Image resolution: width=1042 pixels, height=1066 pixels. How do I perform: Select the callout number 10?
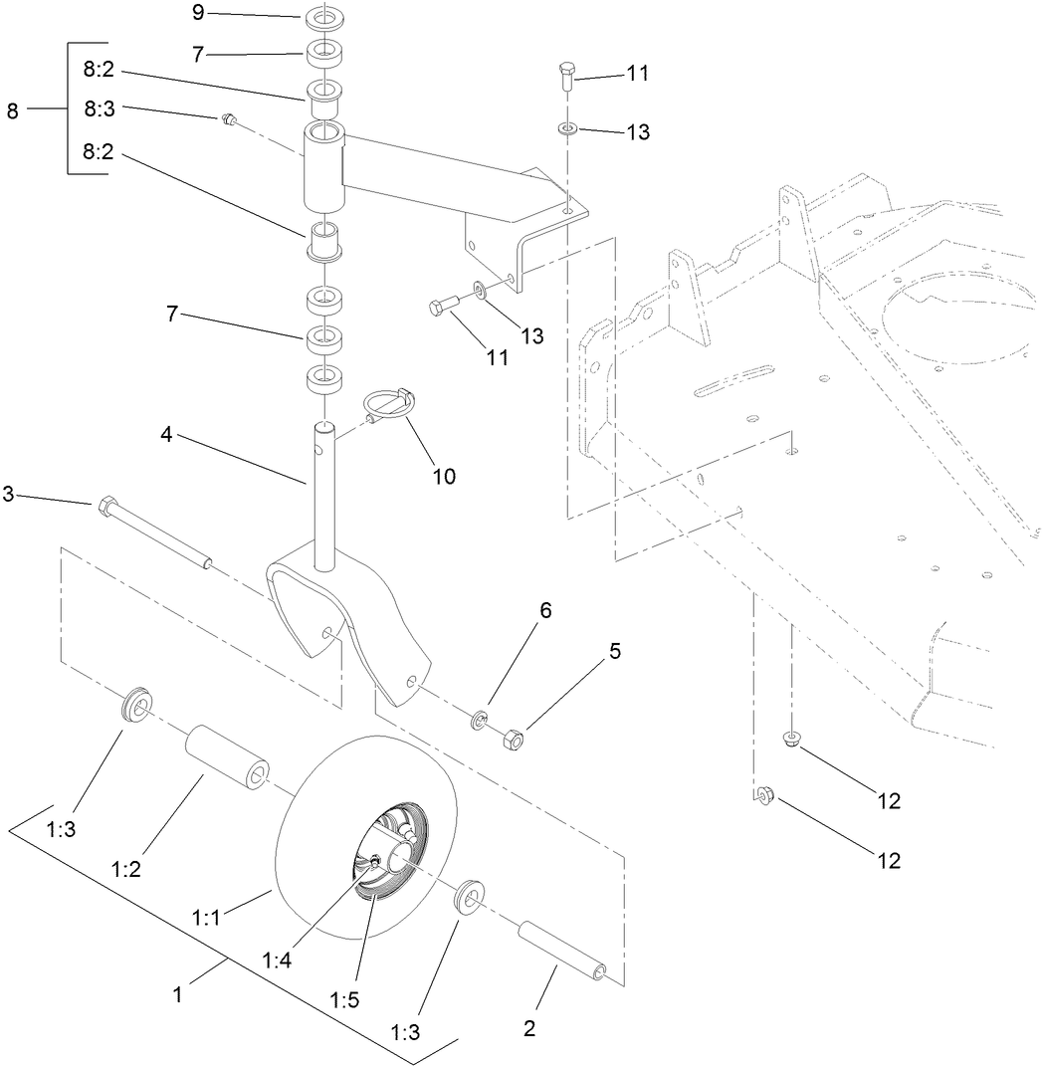pyautogui.click(x=443, y=476)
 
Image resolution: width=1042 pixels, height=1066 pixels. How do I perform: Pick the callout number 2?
pyautogui.click(x=528, y=1029)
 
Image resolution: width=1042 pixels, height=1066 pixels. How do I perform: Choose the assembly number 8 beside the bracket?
pyautogui.click(x=13, y=111)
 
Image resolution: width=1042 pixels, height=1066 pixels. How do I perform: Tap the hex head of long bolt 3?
pyautogui.click(x=106, y=507)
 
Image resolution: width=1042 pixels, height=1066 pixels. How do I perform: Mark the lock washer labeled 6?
pyautogui.click(x=480, y=719)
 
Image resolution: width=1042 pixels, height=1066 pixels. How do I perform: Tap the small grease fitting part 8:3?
pyautogui.click(x=228, y=119)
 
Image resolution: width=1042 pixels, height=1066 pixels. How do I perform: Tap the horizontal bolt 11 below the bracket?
pyautogui.click(x=443, y=307)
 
